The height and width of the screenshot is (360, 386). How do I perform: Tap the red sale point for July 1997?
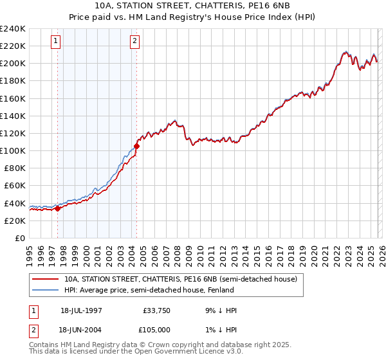[57, 208]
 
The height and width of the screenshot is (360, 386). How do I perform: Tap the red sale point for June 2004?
[136, 146]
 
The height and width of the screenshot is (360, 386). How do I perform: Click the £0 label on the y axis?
[19, 238]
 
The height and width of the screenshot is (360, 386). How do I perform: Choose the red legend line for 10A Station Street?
[46, 280]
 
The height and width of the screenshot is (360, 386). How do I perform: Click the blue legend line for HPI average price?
[46, 291]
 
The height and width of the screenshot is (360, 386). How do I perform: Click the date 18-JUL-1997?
[81, 310]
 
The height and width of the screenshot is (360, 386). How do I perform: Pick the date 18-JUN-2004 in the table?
[81, 330]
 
